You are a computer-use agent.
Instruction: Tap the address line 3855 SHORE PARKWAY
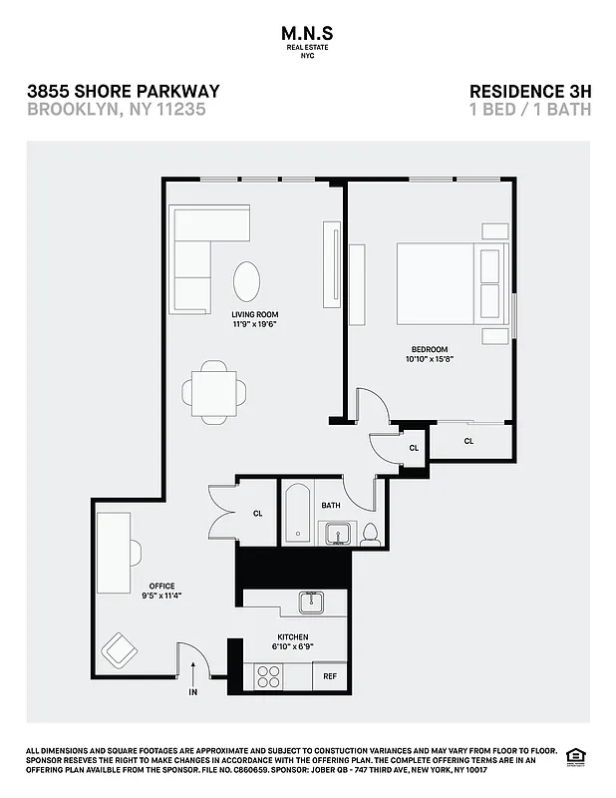[x=124, y=91]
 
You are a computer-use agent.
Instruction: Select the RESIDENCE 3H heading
[x=529, y=91]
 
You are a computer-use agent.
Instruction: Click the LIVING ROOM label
[x=254, y=314]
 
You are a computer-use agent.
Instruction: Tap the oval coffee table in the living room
[x=249, y=280]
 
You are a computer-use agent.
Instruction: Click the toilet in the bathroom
[x=370, y=534]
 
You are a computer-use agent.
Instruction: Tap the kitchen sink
[x=312, y=601]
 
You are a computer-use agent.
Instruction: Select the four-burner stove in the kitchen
[x=269, y=676]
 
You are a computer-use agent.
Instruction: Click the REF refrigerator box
[x=330, y=676]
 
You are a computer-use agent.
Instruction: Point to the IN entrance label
[x=192, y=691]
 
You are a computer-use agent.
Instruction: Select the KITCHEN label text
[x=292, y=636]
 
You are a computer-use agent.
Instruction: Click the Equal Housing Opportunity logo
[x=574, y=754]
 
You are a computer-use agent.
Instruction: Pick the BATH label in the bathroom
[x=331, y=506]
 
